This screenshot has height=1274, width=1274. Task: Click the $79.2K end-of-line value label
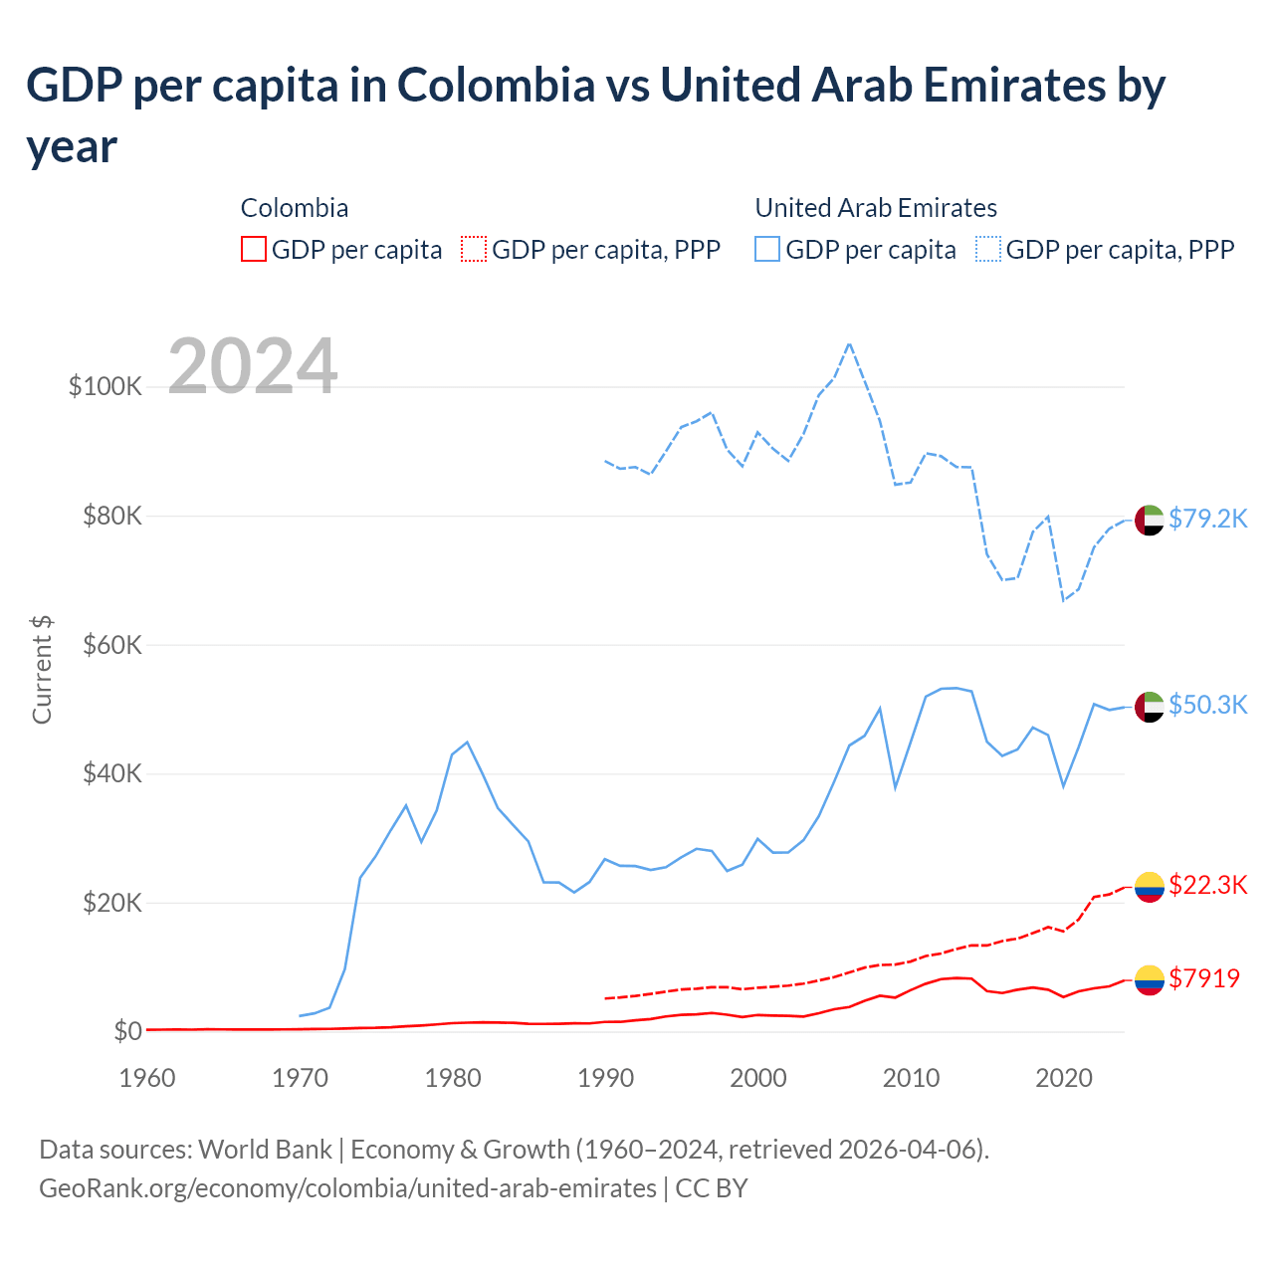click(1207, 519)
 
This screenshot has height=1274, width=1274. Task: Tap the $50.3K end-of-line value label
click(1207, 705)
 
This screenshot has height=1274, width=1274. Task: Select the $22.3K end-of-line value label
click(1207, 885)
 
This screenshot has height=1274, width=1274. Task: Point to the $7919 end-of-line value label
click(1204, 978)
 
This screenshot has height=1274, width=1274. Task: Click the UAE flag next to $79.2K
click(1150, 520)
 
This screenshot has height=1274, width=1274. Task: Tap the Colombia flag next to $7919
click(1150, 980)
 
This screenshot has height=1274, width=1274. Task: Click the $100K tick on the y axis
click(106, 386)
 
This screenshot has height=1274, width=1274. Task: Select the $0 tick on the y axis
click(127, 1031)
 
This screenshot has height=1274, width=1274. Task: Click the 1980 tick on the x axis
click(453, 1078)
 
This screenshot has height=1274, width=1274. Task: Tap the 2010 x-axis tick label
click(911, 1078)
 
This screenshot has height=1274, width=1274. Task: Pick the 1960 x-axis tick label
click(147, 1078)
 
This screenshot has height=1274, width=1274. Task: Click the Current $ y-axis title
click(42, 669)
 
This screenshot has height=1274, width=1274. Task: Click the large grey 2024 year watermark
click(253, 366)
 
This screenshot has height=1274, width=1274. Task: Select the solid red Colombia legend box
click(254, 249)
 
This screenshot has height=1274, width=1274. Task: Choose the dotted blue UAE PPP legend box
click(988, 249)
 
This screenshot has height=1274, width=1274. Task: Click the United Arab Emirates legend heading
click(876, 208)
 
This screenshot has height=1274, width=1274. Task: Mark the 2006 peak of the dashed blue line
click(849, 343)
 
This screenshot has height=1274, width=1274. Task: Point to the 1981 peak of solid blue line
click(467, 742)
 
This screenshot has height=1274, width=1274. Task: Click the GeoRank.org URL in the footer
click(347, 1188)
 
